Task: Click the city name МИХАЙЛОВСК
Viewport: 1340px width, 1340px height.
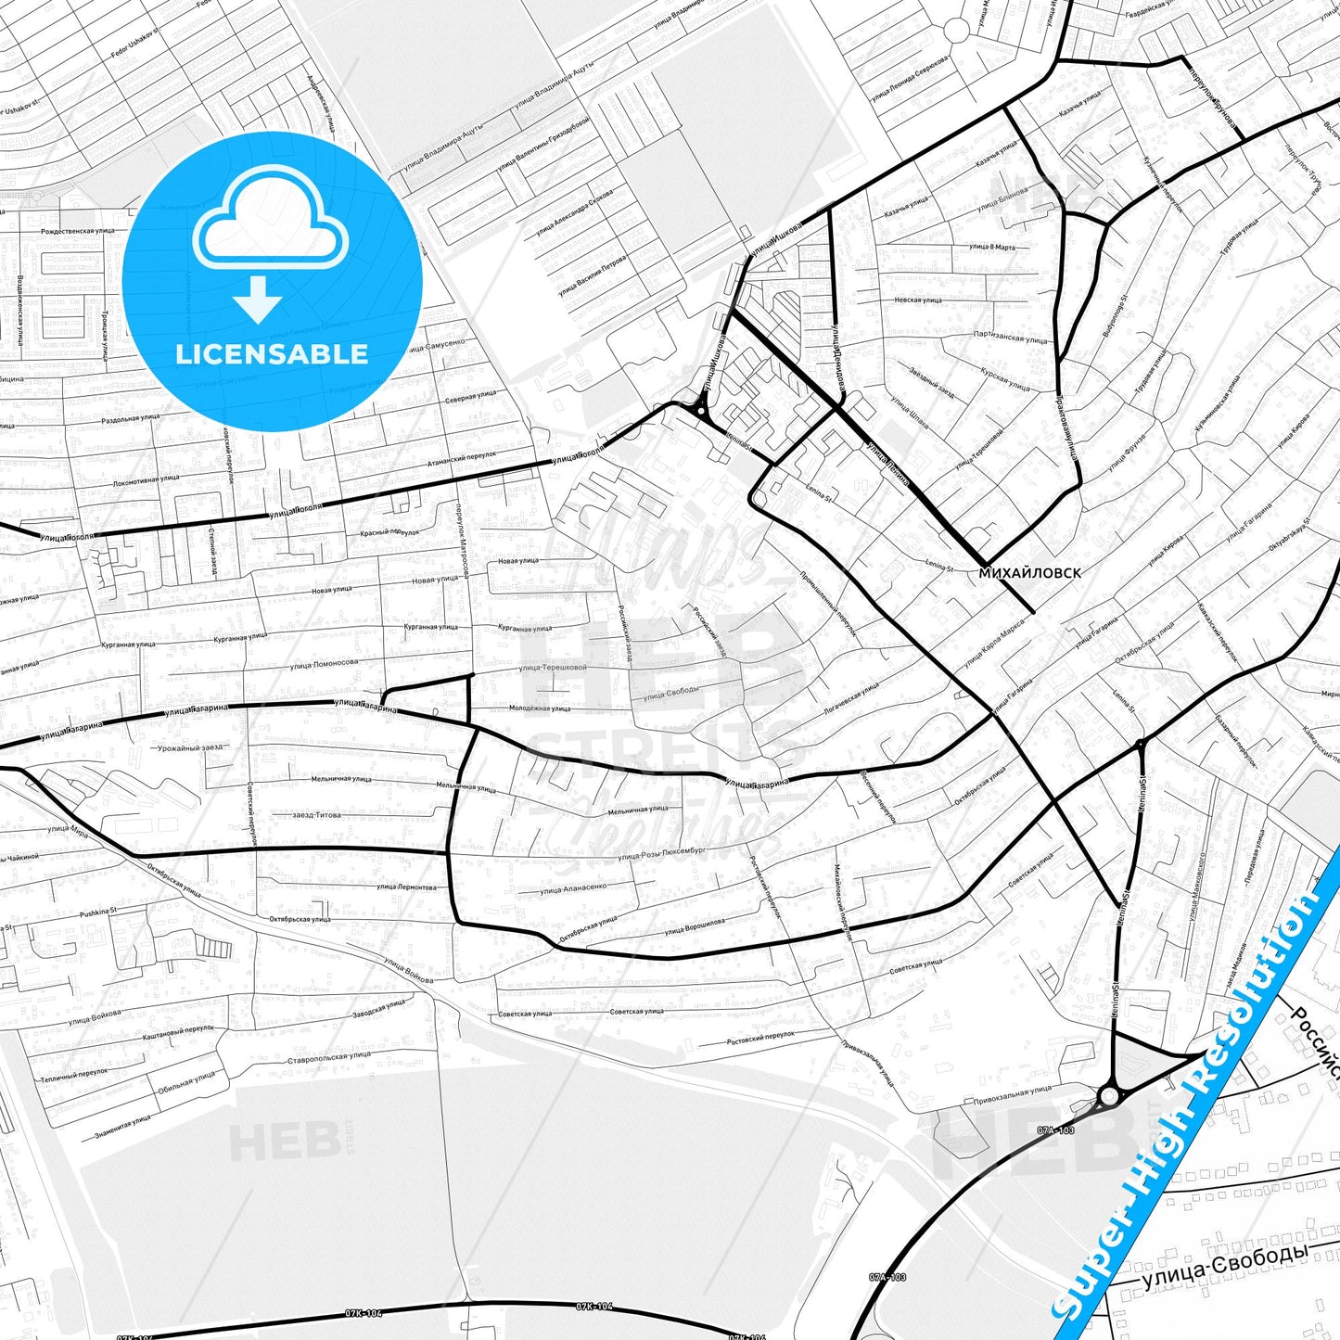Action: pos(1029,573)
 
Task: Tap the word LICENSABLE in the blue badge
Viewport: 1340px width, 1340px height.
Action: pos(272,354)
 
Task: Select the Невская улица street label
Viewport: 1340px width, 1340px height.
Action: pos(918,300)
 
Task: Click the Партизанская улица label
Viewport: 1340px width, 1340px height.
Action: pos(1011,337)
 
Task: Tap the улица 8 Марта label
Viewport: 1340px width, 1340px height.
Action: pos(991,248)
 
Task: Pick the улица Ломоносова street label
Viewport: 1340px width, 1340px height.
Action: pos(324,664)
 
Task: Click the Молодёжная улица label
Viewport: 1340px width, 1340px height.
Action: pos(540,708)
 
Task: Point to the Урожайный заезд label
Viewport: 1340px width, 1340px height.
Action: pos(190,747)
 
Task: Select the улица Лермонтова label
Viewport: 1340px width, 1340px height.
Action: pos(406,887)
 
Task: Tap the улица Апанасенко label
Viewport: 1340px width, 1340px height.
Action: pos(573,889)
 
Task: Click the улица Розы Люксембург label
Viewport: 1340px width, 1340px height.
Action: pos(662,853)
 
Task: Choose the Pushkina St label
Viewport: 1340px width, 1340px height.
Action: pos(97,912)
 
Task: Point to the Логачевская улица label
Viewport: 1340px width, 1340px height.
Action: pos(850,697)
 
